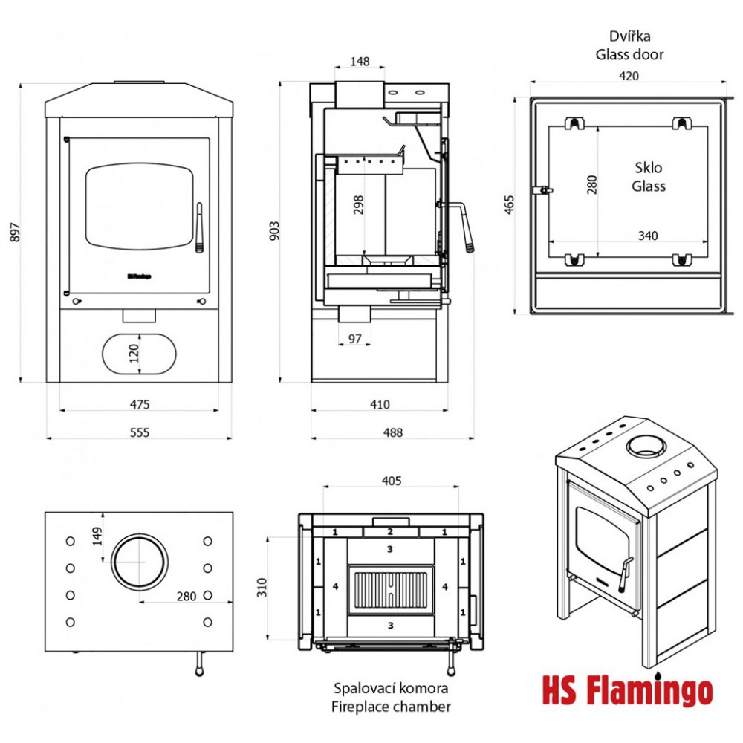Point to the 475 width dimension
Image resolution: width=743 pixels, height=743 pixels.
pyautogui.click(x=140, y=404)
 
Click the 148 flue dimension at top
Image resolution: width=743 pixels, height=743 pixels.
pyautogui.click(x=360, y=62)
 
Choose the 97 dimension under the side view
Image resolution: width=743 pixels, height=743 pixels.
pyautogui.click(x=355, y=339)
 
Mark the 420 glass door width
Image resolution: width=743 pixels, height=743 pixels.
pyautogui.click(x=629, y=75)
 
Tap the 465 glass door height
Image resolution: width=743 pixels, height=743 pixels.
pyautogui.click(x=508, y=204)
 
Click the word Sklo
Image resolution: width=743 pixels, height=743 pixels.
pyautogui.click(x=648, y=167)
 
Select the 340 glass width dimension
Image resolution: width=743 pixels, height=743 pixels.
pyautogui.click(x=648, y=236)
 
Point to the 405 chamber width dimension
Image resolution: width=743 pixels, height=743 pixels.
pyautogui.click(x=391, y=481)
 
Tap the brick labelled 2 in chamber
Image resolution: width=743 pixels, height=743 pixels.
pyautogui.click(x=390, y=531)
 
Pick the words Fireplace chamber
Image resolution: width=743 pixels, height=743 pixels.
pyautogui.click(x=391, y=707)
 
